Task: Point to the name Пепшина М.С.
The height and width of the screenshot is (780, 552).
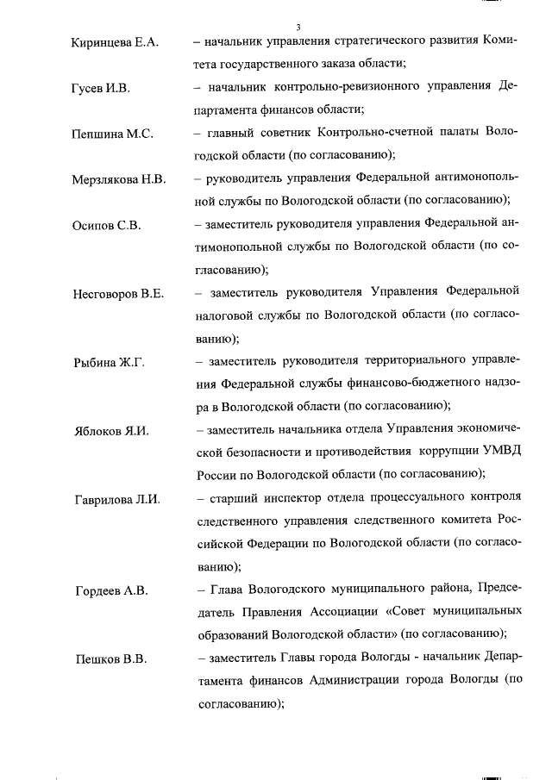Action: [112, 134]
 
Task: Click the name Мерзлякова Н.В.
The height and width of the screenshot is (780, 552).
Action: [119, 179]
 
